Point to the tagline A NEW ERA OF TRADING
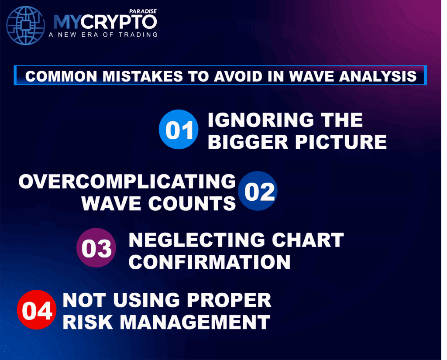coord(105,34)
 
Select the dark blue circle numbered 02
coord(258,192)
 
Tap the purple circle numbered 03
coord(96,247)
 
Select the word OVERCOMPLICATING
coord(127,182)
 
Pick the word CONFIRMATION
coord(210,262)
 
